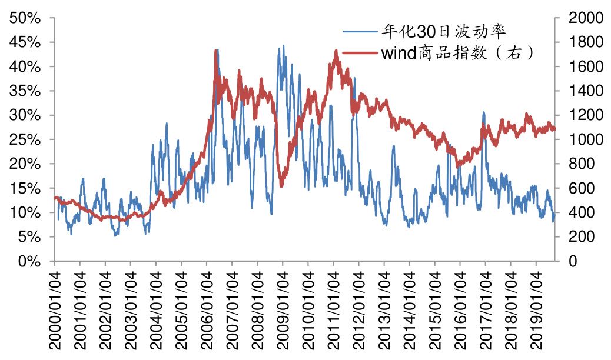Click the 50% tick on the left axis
[25, 18]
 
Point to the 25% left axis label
[25, 140]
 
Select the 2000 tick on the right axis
[582, 18]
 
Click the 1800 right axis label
[582, 42]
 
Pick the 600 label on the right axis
[577, 188]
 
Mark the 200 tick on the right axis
[577, 237]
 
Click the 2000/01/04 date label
[54, 309]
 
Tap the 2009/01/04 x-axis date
[282, 309]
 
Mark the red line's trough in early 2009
[281, 186]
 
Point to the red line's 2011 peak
[336, 51]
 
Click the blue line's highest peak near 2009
[283, 46]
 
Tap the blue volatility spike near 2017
[483, 112]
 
